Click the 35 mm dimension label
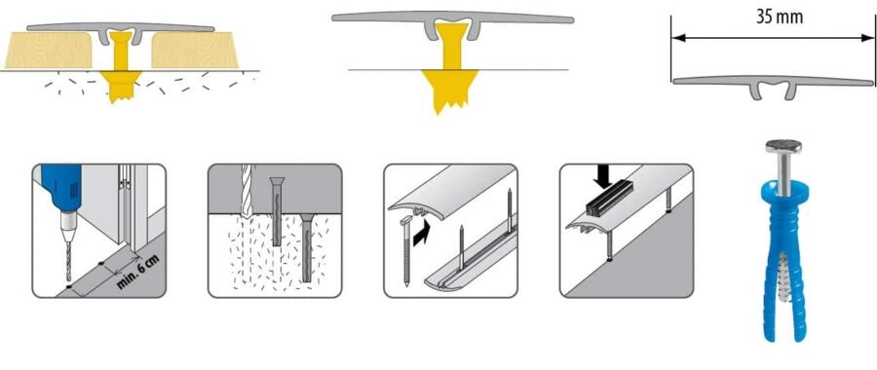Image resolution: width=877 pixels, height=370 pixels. coord(780,17)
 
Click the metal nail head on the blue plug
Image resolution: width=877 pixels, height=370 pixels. coord(783,146)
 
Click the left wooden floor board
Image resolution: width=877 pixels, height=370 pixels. coord(49,50)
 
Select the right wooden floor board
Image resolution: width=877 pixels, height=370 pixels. coord(195,50)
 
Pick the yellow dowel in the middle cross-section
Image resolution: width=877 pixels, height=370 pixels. coord(450,67)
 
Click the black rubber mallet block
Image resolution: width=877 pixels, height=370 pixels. coord(610,199)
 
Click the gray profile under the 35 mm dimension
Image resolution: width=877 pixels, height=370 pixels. coord(773,85)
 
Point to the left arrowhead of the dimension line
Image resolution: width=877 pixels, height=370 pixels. coord(678,38)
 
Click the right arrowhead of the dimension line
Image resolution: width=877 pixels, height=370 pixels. coord(868,38)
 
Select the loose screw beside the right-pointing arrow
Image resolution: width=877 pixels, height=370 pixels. coord(405,252)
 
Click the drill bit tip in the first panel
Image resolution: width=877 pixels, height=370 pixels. coord(69,278)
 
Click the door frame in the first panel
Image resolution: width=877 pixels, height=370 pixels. coord(133,206)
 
